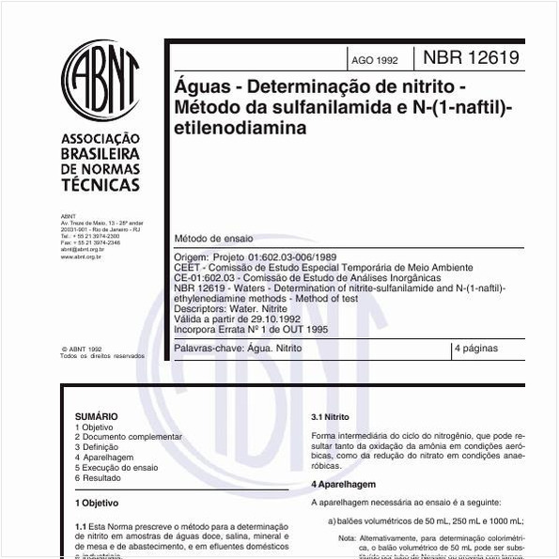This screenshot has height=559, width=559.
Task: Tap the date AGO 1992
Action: coord(374,60)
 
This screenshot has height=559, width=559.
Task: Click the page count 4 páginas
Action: coord(476,348)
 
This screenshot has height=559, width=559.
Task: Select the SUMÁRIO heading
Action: coord(97,415)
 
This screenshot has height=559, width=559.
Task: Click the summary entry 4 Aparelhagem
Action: coord(104,458)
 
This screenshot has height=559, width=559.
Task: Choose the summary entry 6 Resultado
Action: coord(98,478)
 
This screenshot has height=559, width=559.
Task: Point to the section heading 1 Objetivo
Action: coord(97,503)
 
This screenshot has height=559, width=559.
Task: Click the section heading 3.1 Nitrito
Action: coord(330,415)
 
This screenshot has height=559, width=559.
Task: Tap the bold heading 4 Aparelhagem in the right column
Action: coord(344,484)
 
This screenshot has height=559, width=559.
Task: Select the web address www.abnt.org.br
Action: coord(81,256)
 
